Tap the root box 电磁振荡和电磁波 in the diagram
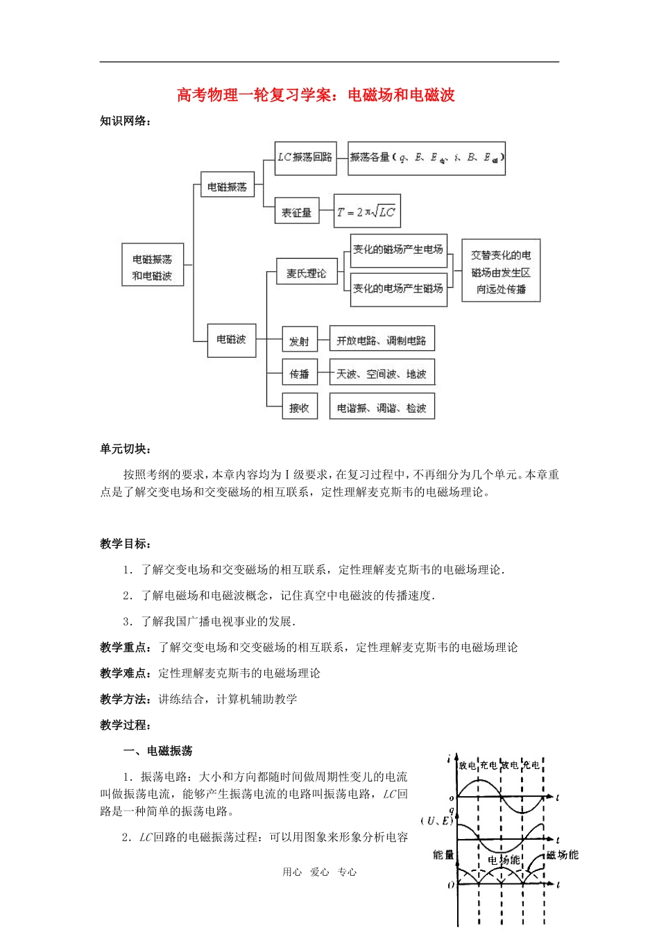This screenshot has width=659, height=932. (x=153, y=267)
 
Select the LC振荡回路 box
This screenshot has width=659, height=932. (x=305, y=157)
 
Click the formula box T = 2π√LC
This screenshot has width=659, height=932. (x=366, y=212)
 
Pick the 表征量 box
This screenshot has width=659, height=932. (x=296, y=213)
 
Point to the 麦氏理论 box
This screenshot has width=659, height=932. (x=306, y=273)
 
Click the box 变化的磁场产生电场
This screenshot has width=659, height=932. (x=398, y=250)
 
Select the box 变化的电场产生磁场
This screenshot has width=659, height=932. (x=398, y=288)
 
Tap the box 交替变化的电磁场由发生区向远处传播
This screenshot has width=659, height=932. (x=501, y=272)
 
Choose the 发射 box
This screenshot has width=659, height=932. (x=300, y=341)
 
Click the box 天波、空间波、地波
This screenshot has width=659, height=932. (x=382, y=374)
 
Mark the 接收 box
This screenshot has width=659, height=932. (x=300, y=408)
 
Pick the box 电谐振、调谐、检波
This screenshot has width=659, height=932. (x=382, y=408)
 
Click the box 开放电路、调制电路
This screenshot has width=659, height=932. (x=382, y=341)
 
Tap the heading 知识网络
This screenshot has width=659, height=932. (x=126, y=121)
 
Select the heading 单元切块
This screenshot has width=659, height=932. (x=126, y=449)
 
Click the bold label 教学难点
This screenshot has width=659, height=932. (x=126, y=673)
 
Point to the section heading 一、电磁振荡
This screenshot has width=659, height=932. (x=157, y=751)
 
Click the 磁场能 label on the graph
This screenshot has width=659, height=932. (x=562, y=855)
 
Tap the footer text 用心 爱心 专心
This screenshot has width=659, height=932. (x=320, y=872)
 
